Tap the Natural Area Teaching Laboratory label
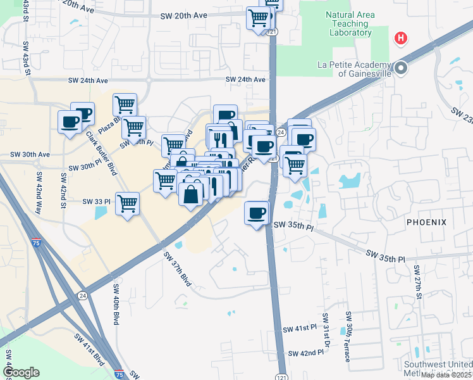pos(349,24)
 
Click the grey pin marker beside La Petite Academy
pos(401,68)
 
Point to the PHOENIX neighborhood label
pos(426,222)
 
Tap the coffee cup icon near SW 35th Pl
pos(257,213)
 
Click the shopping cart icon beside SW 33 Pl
pos(128,204)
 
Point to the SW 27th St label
pos(418,281)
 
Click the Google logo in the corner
pos(21,372)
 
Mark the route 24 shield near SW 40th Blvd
pos(83,296)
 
